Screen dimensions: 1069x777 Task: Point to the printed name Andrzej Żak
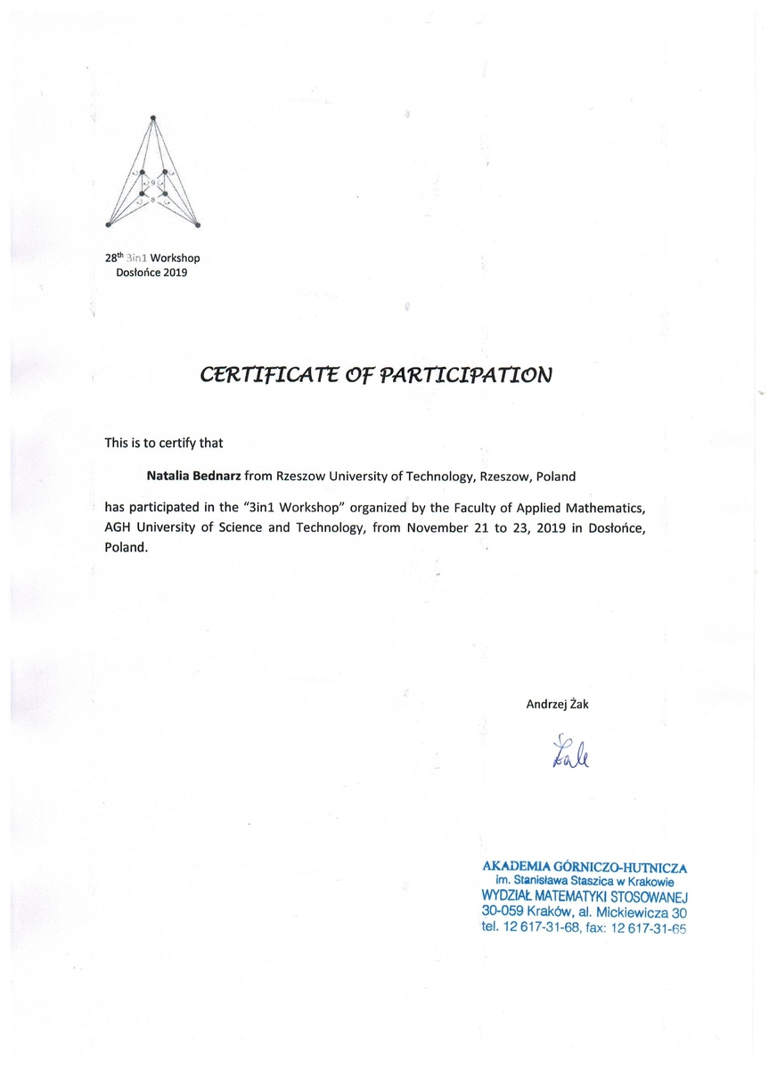click(558, 704)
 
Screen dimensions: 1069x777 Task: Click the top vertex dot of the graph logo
click(153, 117)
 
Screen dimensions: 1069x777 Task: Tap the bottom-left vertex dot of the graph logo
click(109, 224)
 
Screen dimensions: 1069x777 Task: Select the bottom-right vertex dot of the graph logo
click(198, 224)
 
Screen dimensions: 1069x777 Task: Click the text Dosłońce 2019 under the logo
click(152, 273)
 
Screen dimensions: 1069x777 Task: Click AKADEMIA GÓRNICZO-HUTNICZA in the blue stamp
click(585, 866)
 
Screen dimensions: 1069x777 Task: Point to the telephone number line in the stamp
click(585, 928)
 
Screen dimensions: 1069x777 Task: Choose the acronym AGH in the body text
click(119, 528)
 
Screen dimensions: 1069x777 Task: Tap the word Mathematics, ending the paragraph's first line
click(600, 508)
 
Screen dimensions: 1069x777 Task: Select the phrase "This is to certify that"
click(163, 442)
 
